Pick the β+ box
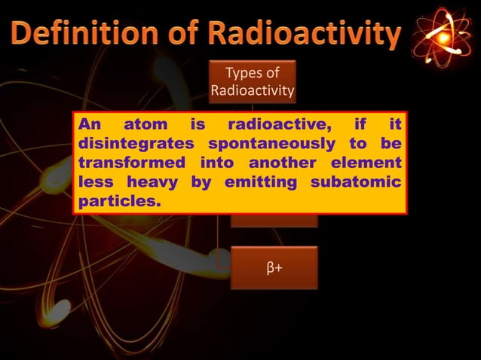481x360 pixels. point(274,267)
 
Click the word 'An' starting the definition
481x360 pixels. point(90,124)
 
